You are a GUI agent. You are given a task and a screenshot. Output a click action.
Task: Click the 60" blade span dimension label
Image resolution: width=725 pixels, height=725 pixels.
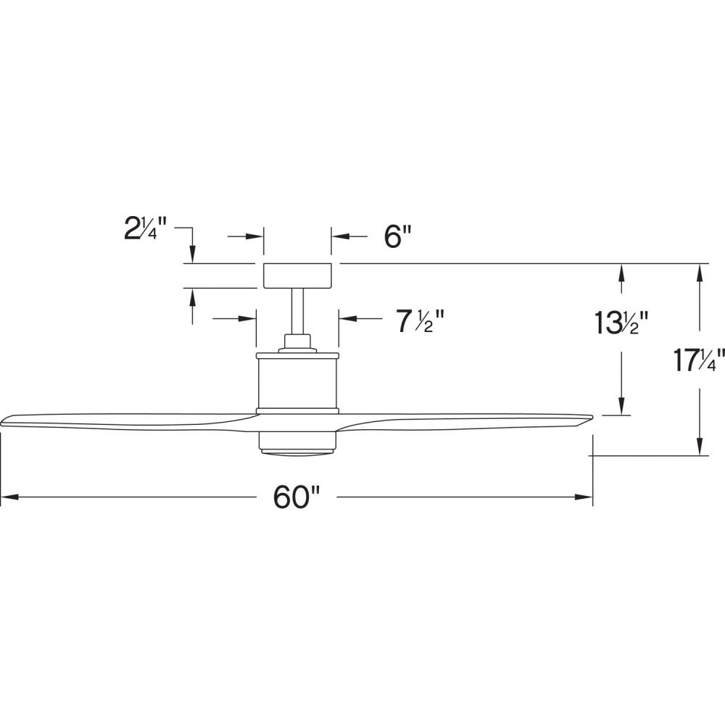coord(297,497)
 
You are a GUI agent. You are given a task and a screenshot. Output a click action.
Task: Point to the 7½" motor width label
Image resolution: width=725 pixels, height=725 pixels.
coord(420,321)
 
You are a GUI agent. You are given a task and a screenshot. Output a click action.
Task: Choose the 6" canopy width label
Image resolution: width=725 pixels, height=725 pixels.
coord(397,237)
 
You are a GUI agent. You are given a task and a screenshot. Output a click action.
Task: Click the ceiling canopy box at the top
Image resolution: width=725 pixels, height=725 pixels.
coord(297,275)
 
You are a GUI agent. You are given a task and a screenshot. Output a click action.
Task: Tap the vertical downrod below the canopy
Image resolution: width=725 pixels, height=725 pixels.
coord(297,311)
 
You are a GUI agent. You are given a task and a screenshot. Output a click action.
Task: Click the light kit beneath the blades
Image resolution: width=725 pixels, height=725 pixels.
coord(297,442)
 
